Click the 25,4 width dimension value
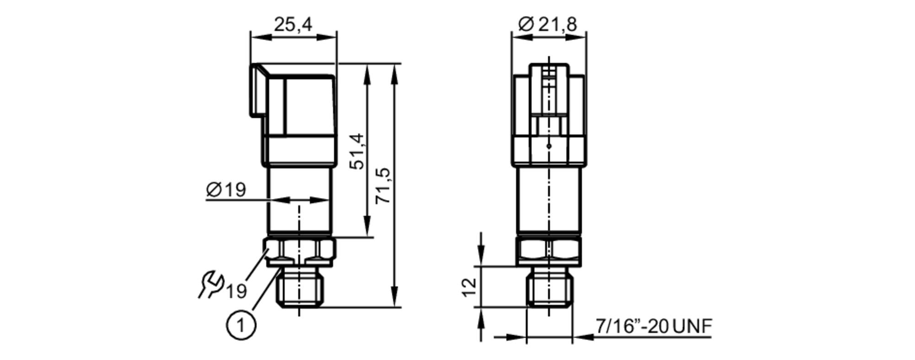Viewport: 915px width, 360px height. pyautogui.click(x=293, y=24)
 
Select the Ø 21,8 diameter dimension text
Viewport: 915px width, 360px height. pyautogui.click(x=548, y=24)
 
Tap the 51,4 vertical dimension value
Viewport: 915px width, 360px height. pyautogui.click(x=357, y=151)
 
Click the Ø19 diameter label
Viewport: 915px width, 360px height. pyautogui.click(x=226, y=189)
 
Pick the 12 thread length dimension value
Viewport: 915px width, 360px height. pyautogui.click(x=469, y=287)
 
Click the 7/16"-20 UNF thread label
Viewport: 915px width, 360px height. pyautogui.click(x=654, y=326)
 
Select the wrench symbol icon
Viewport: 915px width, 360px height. pyautogui.click(x=210, y=285)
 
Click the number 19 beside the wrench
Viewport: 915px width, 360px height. pyautogui.click(x=237, y=291)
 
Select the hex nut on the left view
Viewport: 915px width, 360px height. pyautogui.click(x=300, y=249)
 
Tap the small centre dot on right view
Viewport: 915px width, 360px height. pyautogui.click(x=549, y=146)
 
